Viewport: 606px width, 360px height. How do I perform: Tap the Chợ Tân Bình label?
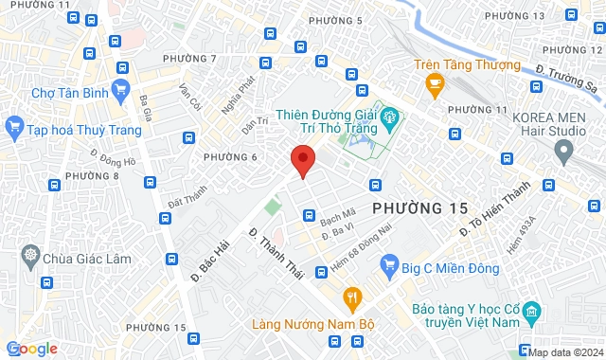[x=66, y=93]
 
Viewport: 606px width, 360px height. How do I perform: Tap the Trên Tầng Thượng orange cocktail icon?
[x=435, y=87]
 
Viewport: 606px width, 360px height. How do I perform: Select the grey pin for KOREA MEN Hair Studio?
[x=565, y=150]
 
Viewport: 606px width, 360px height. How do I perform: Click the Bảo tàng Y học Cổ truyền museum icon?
[x=531, y=311]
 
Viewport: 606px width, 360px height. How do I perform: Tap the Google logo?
[x=31, y=349]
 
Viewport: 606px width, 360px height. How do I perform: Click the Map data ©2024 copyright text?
[x=565, y=352]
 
